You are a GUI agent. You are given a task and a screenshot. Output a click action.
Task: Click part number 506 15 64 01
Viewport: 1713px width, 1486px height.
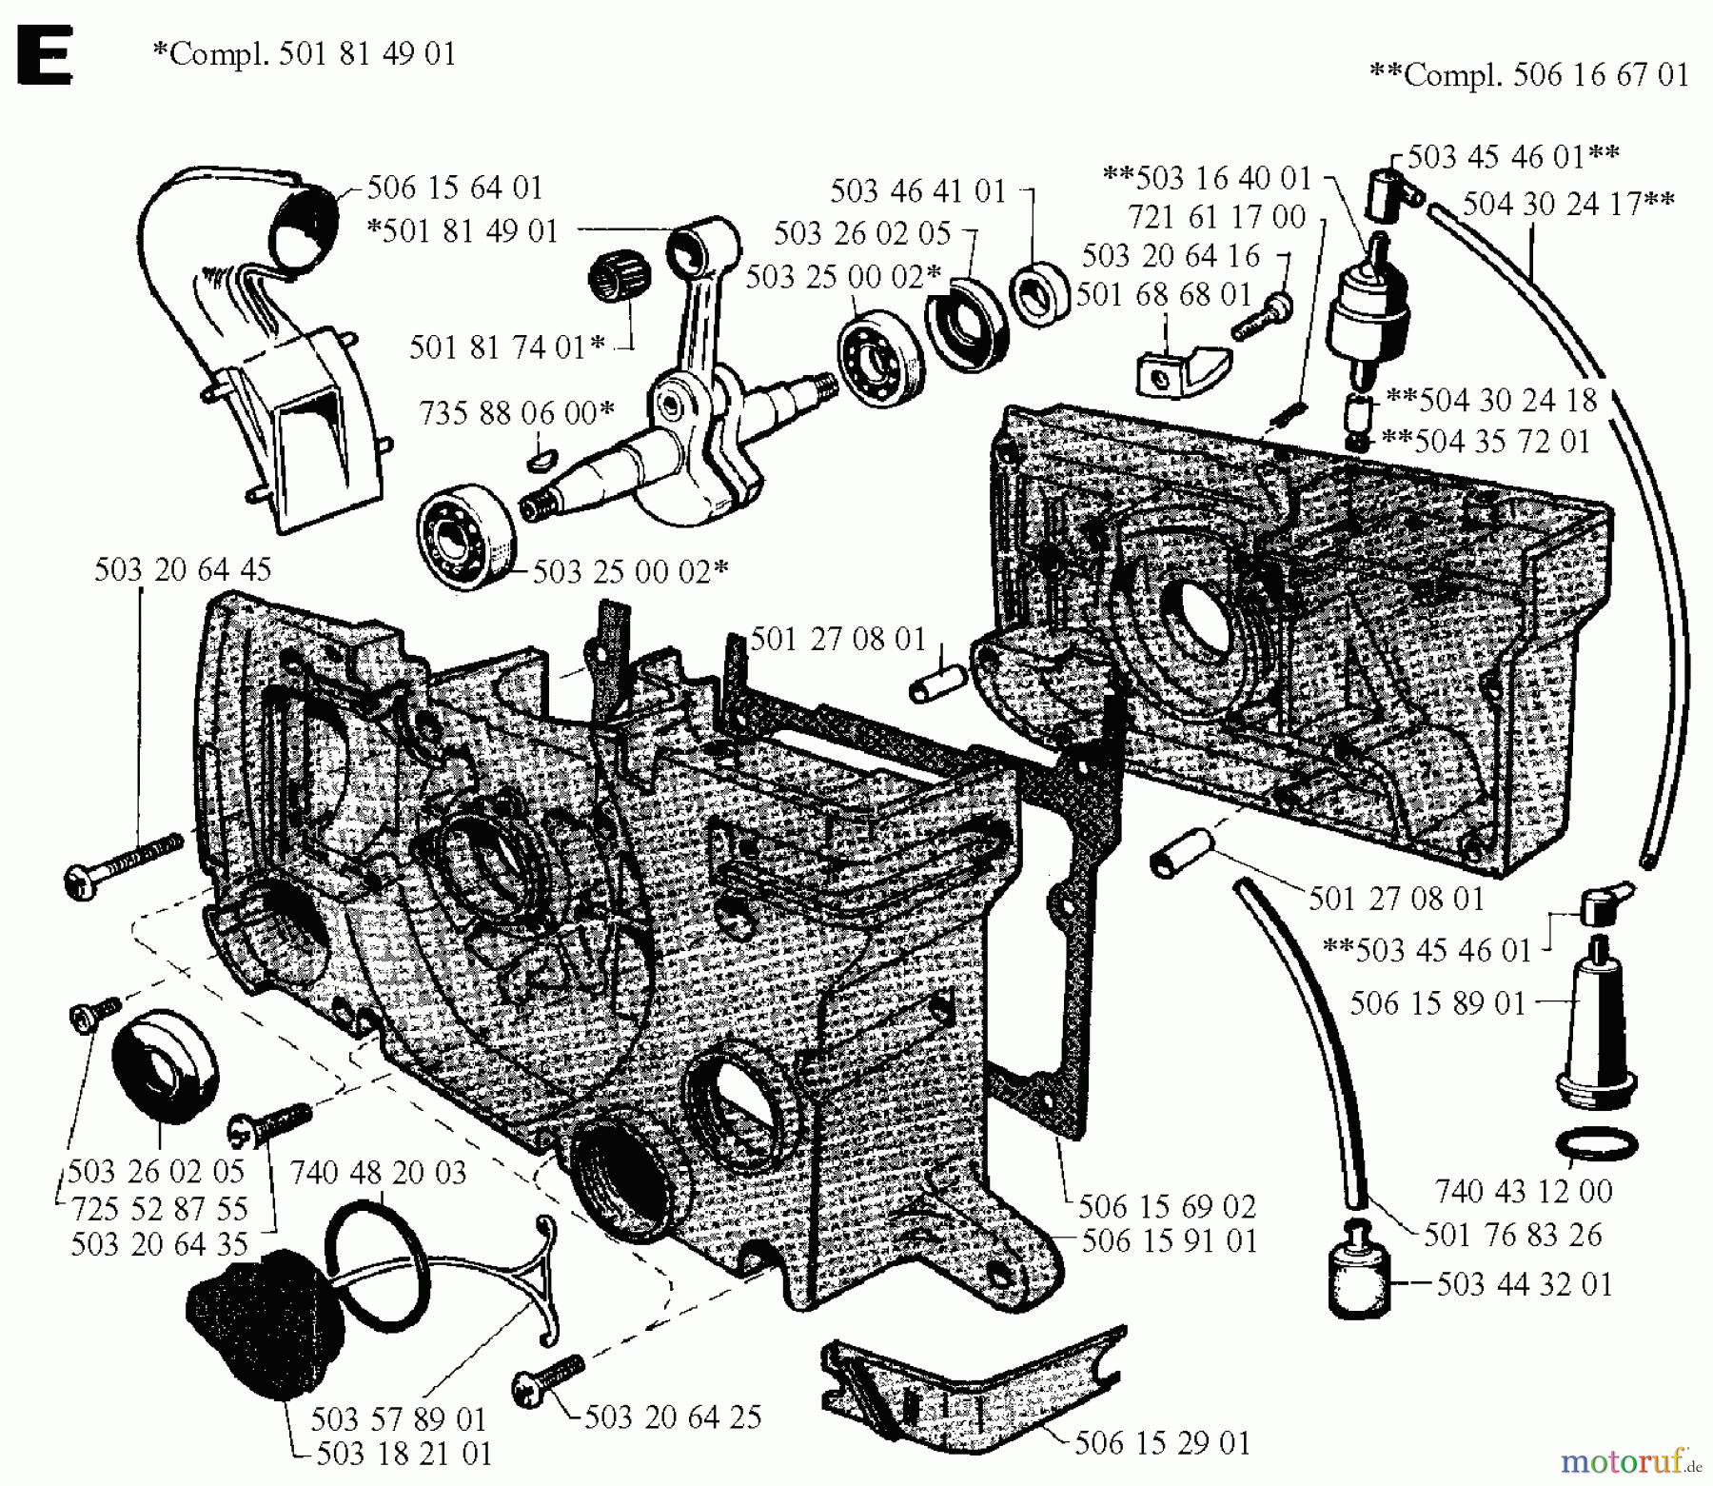click(x=455, y=188)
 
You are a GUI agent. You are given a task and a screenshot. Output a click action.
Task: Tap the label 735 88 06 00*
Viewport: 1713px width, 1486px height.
click(x=517, y=413)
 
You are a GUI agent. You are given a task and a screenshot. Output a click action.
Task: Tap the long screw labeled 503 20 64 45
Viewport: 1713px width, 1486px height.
click(x=124, y=862)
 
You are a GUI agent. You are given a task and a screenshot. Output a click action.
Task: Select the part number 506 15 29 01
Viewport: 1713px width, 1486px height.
click(x=1162, y=1443)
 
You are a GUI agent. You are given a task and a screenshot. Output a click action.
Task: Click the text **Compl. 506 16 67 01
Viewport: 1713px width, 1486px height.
click(x=1528, y=74)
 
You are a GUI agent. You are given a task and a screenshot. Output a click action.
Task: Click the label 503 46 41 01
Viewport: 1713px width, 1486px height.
click(x=917, y=191)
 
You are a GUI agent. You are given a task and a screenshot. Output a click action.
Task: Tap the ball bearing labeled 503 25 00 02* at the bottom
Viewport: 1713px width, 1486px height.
click(x=460, y=536)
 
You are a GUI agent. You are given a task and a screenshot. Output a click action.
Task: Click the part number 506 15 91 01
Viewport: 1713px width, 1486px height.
click(x=1170, y=1241)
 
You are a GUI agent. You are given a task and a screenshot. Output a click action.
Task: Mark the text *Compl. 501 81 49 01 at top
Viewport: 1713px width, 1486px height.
click(x=305, y=52)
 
